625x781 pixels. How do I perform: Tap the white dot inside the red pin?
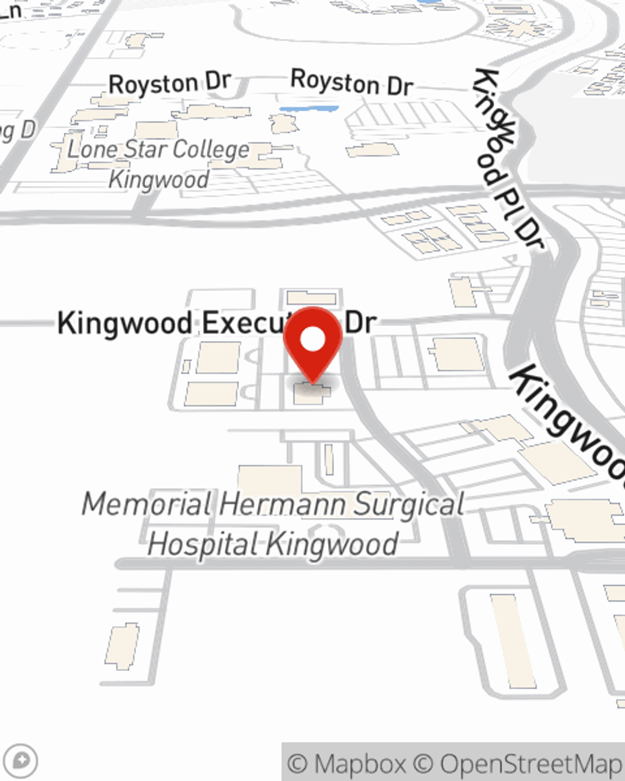click(313, 340)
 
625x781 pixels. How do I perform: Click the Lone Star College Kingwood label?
click(159, 164)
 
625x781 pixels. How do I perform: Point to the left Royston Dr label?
click(169, 83)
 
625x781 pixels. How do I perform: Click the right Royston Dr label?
click(352, 82)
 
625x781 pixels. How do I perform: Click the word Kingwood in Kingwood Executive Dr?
click(124, 323)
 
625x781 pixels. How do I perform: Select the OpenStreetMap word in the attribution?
click(531, 764)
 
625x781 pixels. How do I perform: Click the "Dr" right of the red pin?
click(361, 322)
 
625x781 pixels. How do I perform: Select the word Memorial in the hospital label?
click(147, 504)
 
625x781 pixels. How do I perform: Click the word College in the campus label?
click(211, 150)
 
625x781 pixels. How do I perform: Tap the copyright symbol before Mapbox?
click(297, 764)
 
